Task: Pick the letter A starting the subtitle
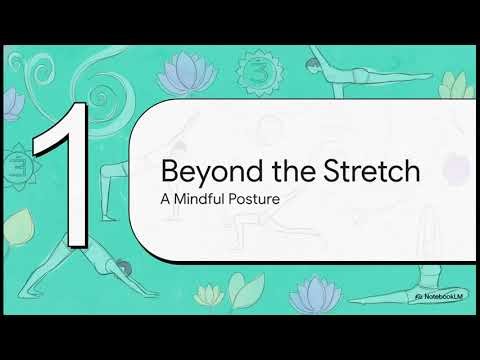click(x=165, y=198)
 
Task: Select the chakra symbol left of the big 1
click(x=17, y=165)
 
